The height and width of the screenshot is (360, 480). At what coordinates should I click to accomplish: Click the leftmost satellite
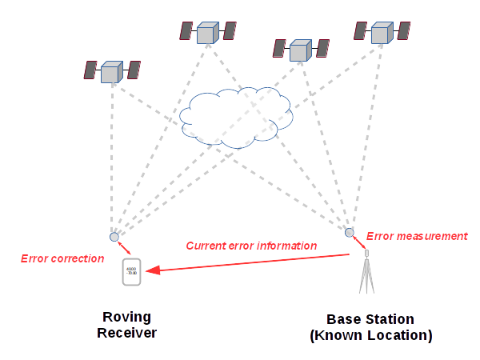112,73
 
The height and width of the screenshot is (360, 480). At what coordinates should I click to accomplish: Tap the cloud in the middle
235,117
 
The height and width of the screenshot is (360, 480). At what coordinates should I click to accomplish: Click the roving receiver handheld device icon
131,272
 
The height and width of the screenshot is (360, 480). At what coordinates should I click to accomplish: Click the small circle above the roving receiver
114,237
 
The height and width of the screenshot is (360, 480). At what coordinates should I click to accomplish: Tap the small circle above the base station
350,233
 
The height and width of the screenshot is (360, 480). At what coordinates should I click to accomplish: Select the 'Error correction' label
62,258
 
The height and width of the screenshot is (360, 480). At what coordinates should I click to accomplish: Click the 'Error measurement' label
416,236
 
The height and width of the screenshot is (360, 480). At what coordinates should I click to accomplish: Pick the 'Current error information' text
251,246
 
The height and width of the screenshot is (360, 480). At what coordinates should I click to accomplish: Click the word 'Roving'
126,317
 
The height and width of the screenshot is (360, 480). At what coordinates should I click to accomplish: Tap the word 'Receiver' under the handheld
126,333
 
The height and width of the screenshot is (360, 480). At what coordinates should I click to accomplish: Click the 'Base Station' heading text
370,319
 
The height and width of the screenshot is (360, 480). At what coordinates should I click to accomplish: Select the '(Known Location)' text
370,335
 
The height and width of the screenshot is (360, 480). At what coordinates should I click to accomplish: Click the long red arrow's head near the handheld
151,272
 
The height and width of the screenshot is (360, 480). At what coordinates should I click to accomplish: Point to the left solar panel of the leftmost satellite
90,70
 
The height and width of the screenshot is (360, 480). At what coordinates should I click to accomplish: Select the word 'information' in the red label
285,246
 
